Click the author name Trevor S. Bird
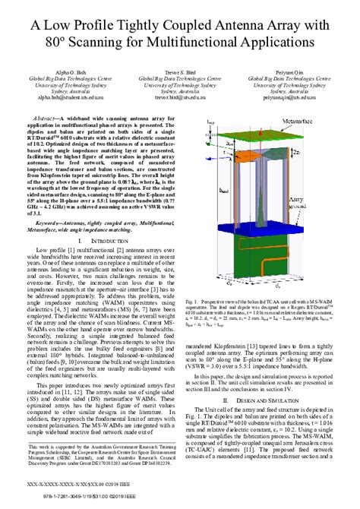tap(180, 71)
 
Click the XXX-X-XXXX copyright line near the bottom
tap(84, 483)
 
